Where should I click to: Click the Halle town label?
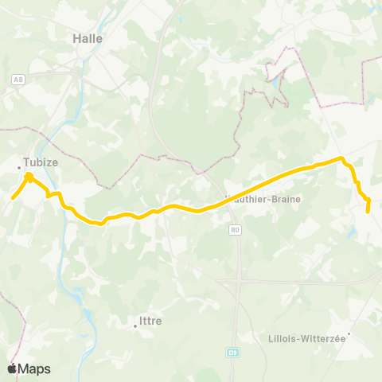pos(87,37)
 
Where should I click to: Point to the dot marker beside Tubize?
pos(20,167)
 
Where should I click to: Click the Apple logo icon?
pos(12,368)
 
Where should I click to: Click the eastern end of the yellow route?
pos(368,211)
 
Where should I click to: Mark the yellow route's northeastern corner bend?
pos(342,159)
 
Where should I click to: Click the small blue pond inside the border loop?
pos(274,81)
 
